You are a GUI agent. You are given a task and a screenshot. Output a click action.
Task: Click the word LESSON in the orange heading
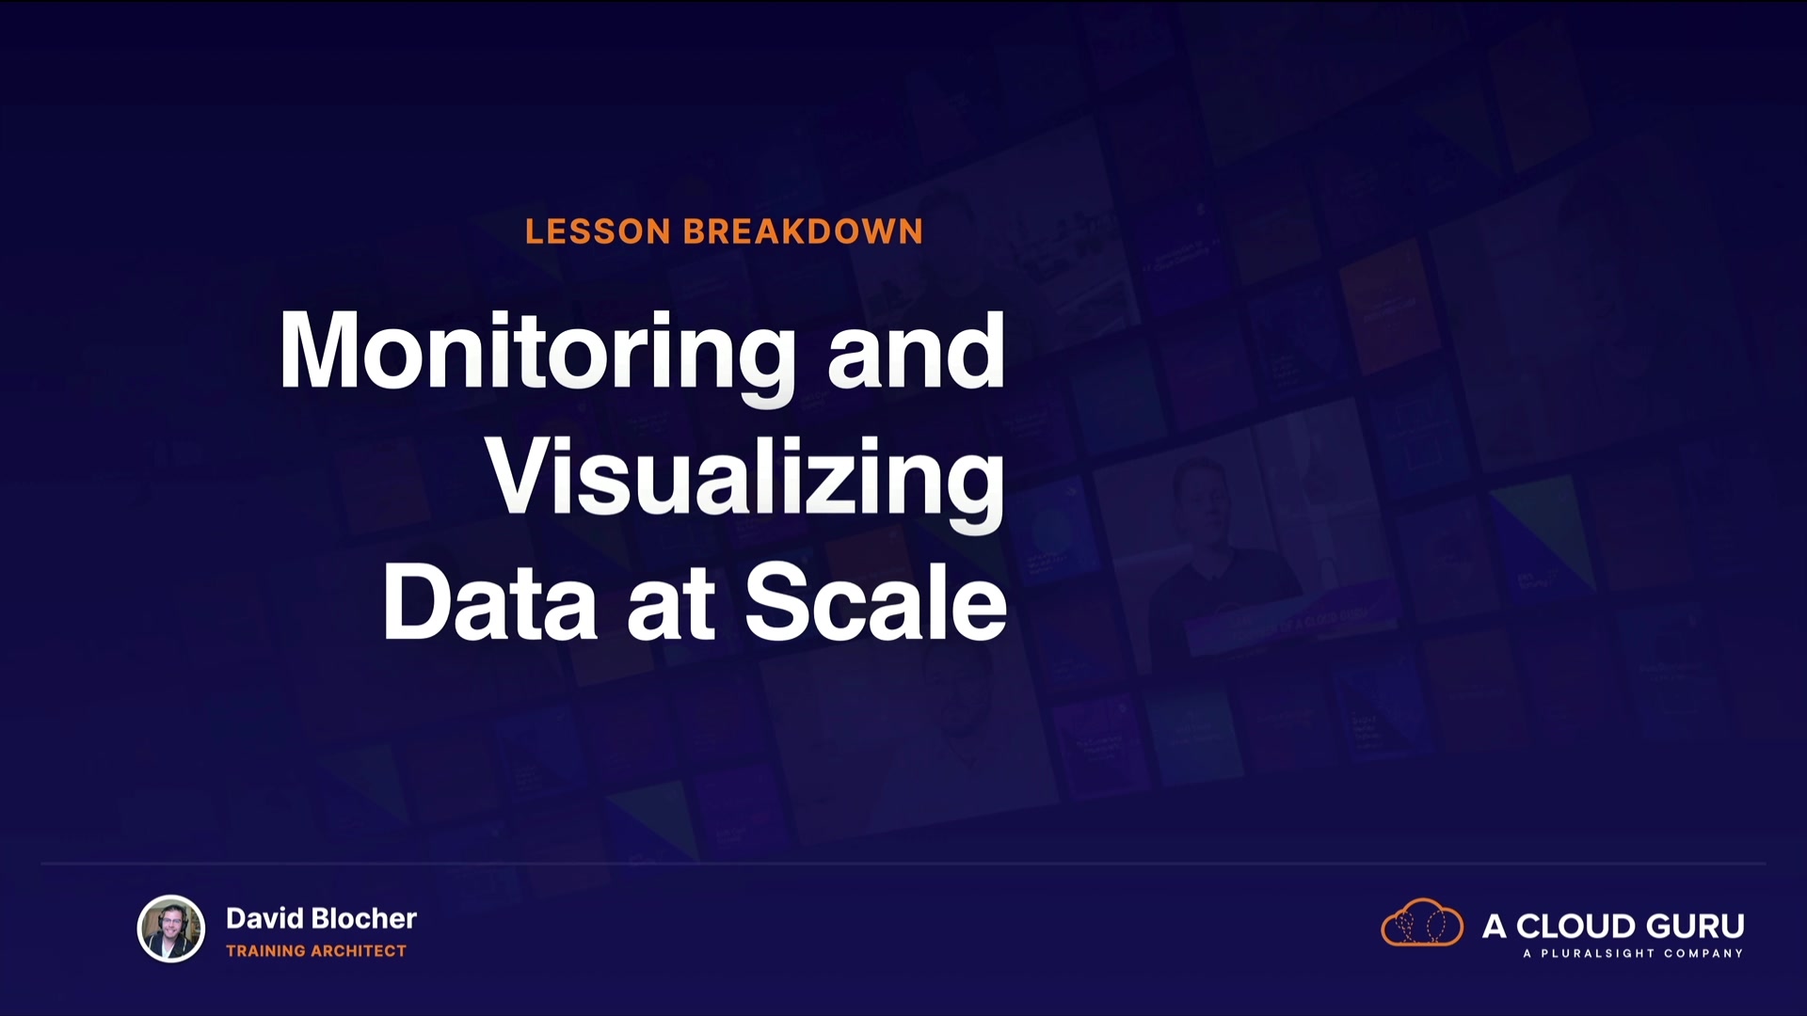598,231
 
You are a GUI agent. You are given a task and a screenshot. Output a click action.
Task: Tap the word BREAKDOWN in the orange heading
804,231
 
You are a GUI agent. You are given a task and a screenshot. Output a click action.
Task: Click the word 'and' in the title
917,350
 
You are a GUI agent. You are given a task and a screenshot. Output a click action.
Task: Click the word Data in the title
489,602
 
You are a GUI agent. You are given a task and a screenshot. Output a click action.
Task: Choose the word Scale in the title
876,602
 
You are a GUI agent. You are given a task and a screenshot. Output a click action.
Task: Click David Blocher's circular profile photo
171,929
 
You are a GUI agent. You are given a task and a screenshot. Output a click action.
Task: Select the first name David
264,918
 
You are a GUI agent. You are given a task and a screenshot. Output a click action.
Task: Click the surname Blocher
363,918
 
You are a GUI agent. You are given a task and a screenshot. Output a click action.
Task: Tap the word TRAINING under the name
266,951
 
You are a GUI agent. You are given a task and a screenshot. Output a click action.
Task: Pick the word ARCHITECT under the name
359,951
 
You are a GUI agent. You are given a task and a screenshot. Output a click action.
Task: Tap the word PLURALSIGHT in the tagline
1597,954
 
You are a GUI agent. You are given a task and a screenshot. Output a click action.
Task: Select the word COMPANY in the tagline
1703,954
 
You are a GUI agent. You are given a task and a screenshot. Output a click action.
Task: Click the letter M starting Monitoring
318,350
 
